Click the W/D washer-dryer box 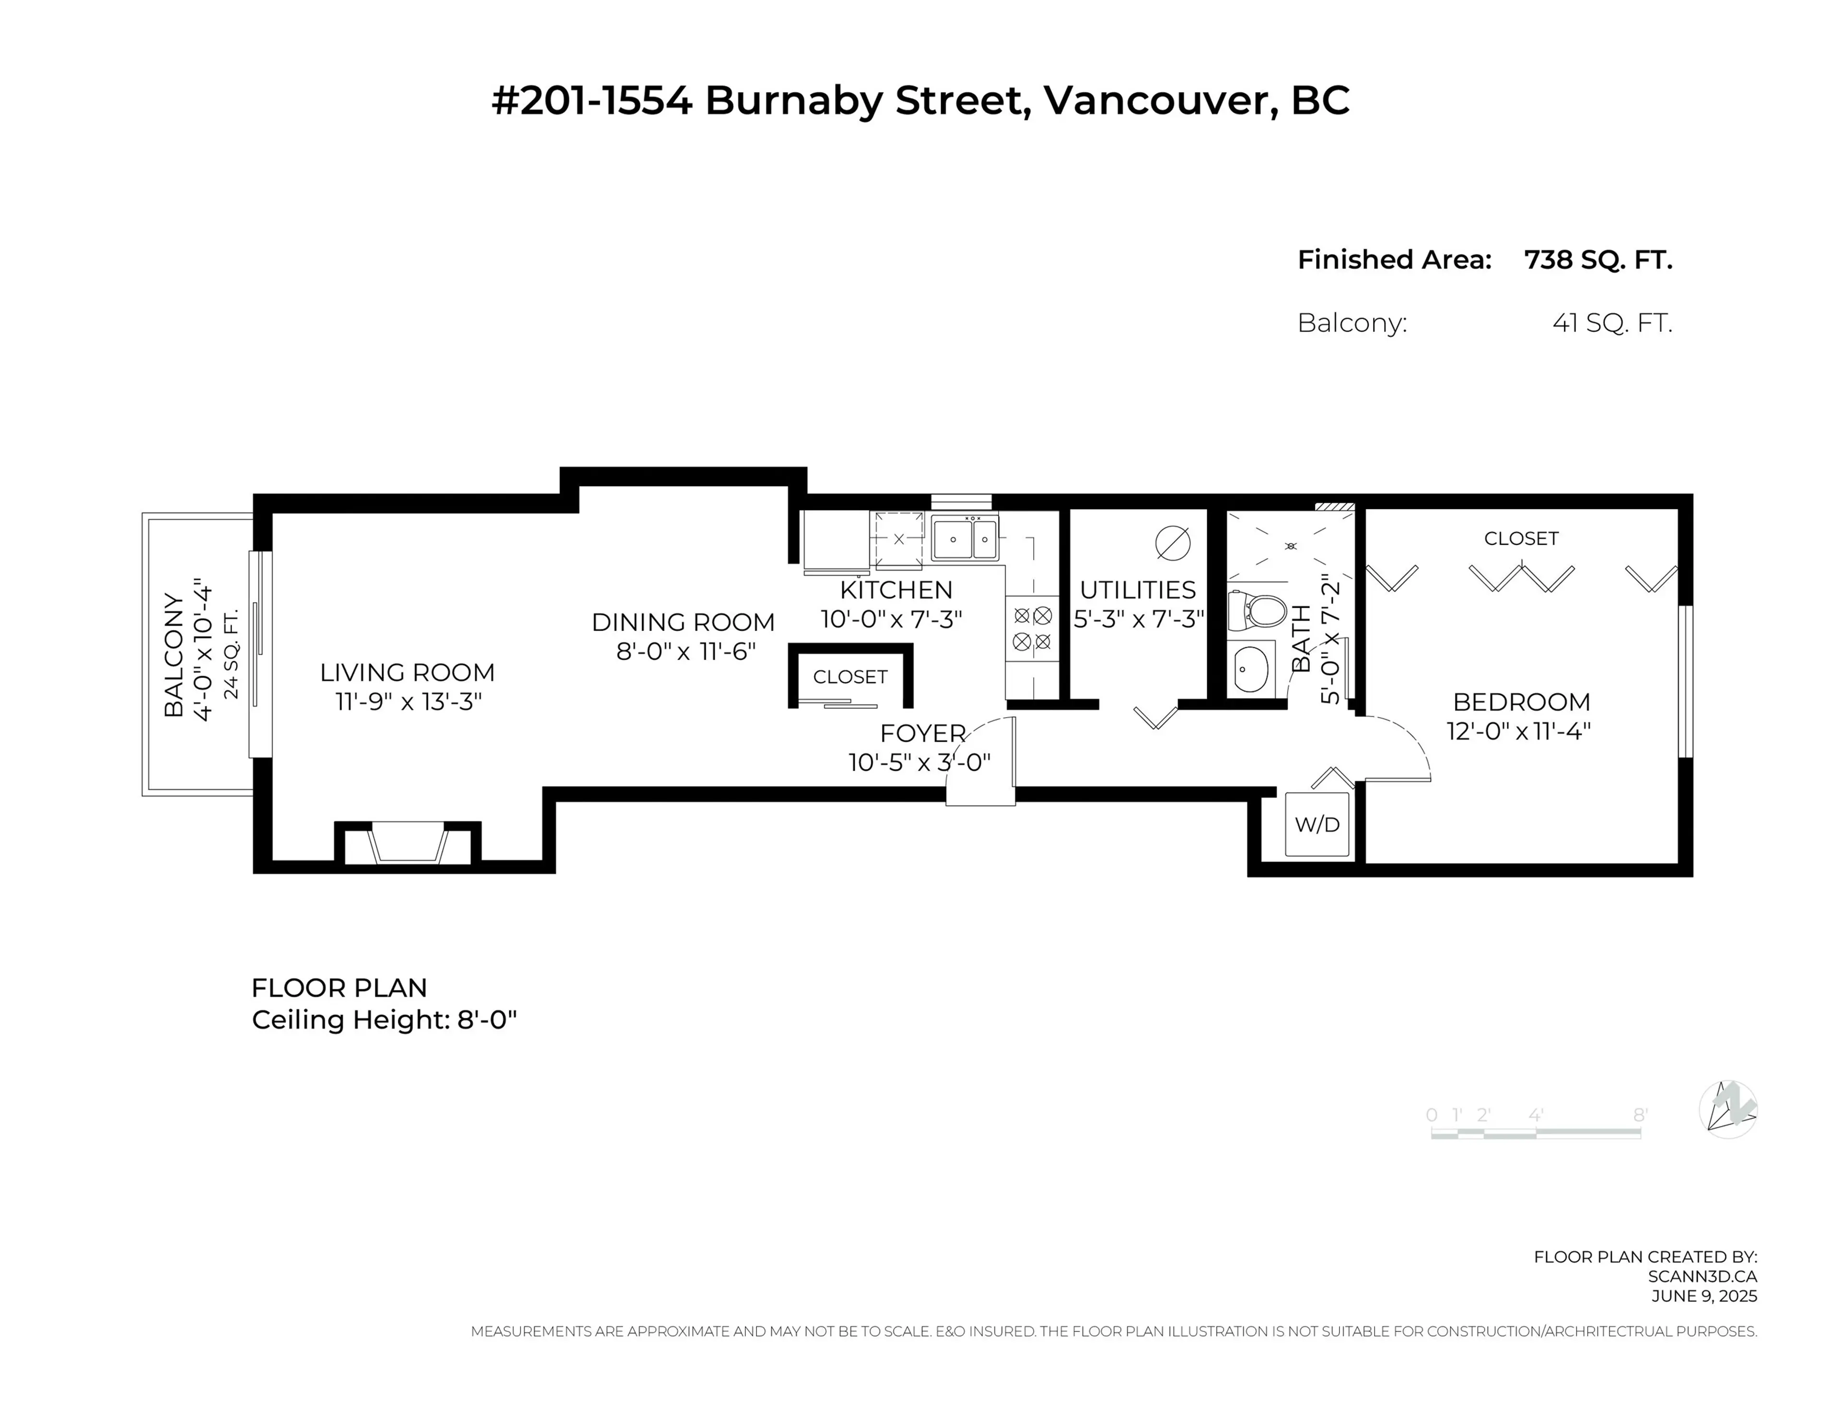point(1317,825)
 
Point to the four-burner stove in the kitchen point(1032,629)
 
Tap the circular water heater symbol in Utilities point(1173,544)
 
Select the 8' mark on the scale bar point(1640,1115)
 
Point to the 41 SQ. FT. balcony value point(1612,323)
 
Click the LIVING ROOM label point(407,673)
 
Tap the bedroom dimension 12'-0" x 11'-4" point(1519,731)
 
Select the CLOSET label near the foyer point(850,677)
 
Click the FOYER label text point(922,734)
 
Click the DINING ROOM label point(683,622)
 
